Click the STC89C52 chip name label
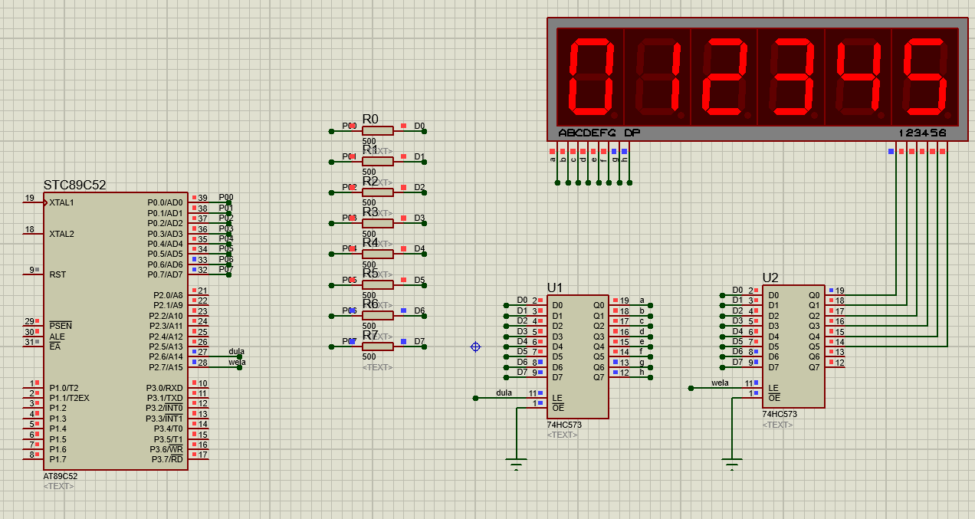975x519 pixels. tap(74, 185)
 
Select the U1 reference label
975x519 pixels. tap(555, 287)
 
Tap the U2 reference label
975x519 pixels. tap(770, 278)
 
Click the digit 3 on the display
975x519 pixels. tap(790, 76)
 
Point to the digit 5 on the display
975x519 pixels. tap(924, 76)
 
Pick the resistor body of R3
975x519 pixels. tap(377, 223)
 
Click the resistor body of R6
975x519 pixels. tap(377, 316)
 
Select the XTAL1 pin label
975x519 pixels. tap(62, 203)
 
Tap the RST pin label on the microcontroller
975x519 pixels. tap(57, 274)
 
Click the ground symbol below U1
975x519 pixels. tap(516, 463)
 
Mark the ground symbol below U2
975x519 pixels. tap(732, 463)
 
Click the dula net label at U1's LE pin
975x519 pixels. tap(504, 393)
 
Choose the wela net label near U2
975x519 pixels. tap(720, 383)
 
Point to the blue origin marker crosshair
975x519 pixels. tap(475, 347)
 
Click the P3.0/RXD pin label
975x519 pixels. tap(165, 388)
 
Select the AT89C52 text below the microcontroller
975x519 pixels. tap(61, 476)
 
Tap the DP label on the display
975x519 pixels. tap(632, 133)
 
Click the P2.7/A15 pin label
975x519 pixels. tap(165, 367)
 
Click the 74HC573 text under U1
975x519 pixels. tap(565, 425)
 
